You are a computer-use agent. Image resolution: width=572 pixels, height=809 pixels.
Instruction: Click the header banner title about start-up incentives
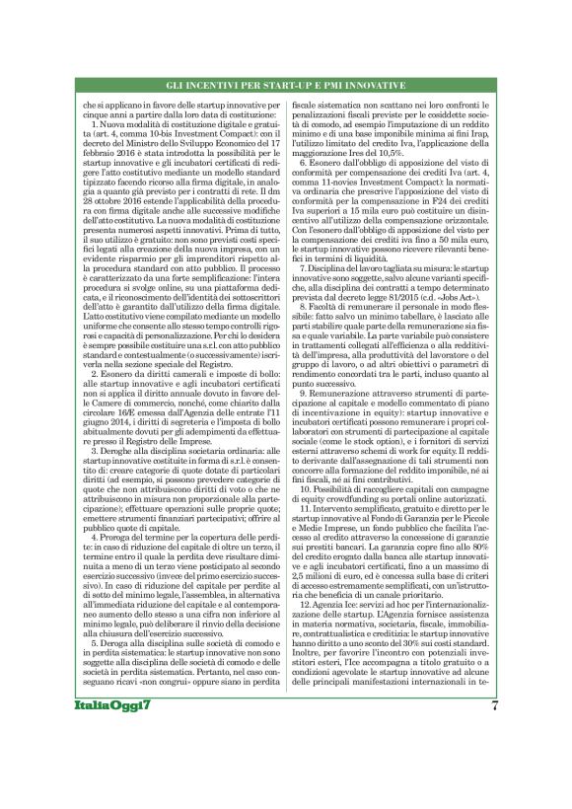[x=285, y=87]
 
